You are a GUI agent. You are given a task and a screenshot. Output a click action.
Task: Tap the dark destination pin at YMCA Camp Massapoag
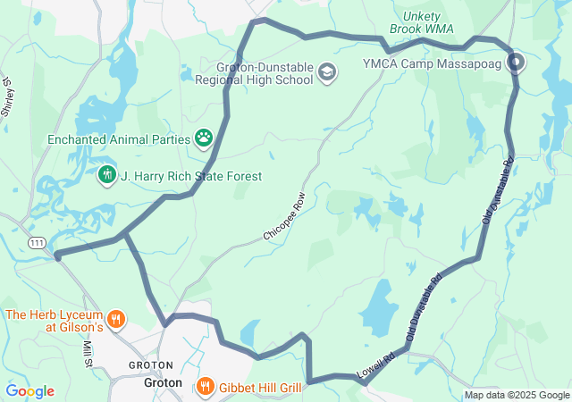517,63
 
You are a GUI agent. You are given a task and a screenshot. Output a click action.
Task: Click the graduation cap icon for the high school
328,72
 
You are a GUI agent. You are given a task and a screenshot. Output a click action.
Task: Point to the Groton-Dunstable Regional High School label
265,72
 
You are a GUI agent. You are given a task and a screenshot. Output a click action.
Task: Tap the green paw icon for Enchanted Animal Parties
205,138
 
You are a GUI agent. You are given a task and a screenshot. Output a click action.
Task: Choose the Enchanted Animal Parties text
119,139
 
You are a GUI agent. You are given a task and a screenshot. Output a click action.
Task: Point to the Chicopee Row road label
284,215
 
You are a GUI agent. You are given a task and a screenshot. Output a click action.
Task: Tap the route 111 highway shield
37,242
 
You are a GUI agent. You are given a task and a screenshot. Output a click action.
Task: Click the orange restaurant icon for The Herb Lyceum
115,319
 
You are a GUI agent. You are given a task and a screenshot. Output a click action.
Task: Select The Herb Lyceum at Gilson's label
55,320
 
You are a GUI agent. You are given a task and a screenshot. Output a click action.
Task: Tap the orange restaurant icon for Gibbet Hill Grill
205,385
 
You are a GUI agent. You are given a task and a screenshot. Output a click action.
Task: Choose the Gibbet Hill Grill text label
260,385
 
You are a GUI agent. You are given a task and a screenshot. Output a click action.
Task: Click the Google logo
29,391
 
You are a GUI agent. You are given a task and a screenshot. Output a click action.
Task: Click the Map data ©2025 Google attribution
517,396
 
